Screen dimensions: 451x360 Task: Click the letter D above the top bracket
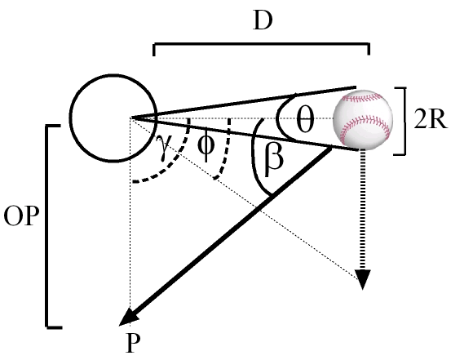[263, 21]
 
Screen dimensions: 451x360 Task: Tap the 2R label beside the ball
[431, 119]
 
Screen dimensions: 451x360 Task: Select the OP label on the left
[21, 216]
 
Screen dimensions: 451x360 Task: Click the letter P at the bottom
[133, 344]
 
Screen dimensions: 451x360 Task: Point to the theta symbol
[304, 119]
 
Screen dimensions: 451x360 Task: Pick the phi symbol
[206, 145]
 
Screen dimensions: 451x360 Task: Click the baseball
[363, 120]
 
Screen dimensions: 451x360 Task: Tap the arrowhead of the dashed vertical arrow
[363, 279]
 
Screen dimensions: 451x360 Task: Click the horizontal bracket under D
[262, 44]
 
